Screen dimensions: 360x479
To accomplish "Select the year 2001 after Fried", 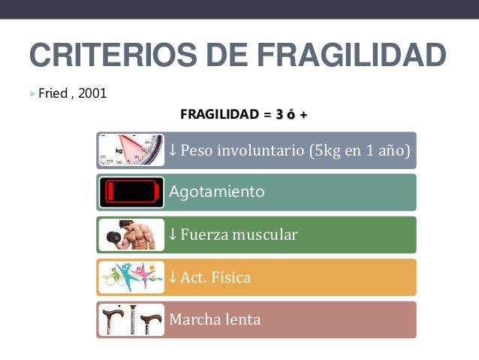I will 92,94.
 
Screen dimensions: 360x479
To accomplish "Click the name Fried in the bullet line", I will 52,94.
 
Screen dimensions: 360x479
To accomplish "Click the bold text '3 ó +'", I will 291,115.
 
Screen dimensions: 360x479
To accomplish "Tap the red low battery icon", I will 131,192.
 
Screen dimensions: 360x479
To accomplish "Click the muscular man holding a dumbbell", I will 131,234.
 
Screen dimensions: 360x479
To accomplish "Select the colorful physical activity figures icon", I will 131,277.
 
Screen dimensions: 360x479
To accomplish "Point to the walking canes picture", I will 131,319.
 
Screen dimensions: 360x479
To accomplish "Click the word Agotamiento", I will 217,192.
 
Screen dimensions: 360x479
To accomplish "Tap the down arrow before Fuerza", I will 173,234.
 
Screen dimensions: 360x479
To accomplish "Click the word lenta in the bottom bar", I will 242,319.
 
